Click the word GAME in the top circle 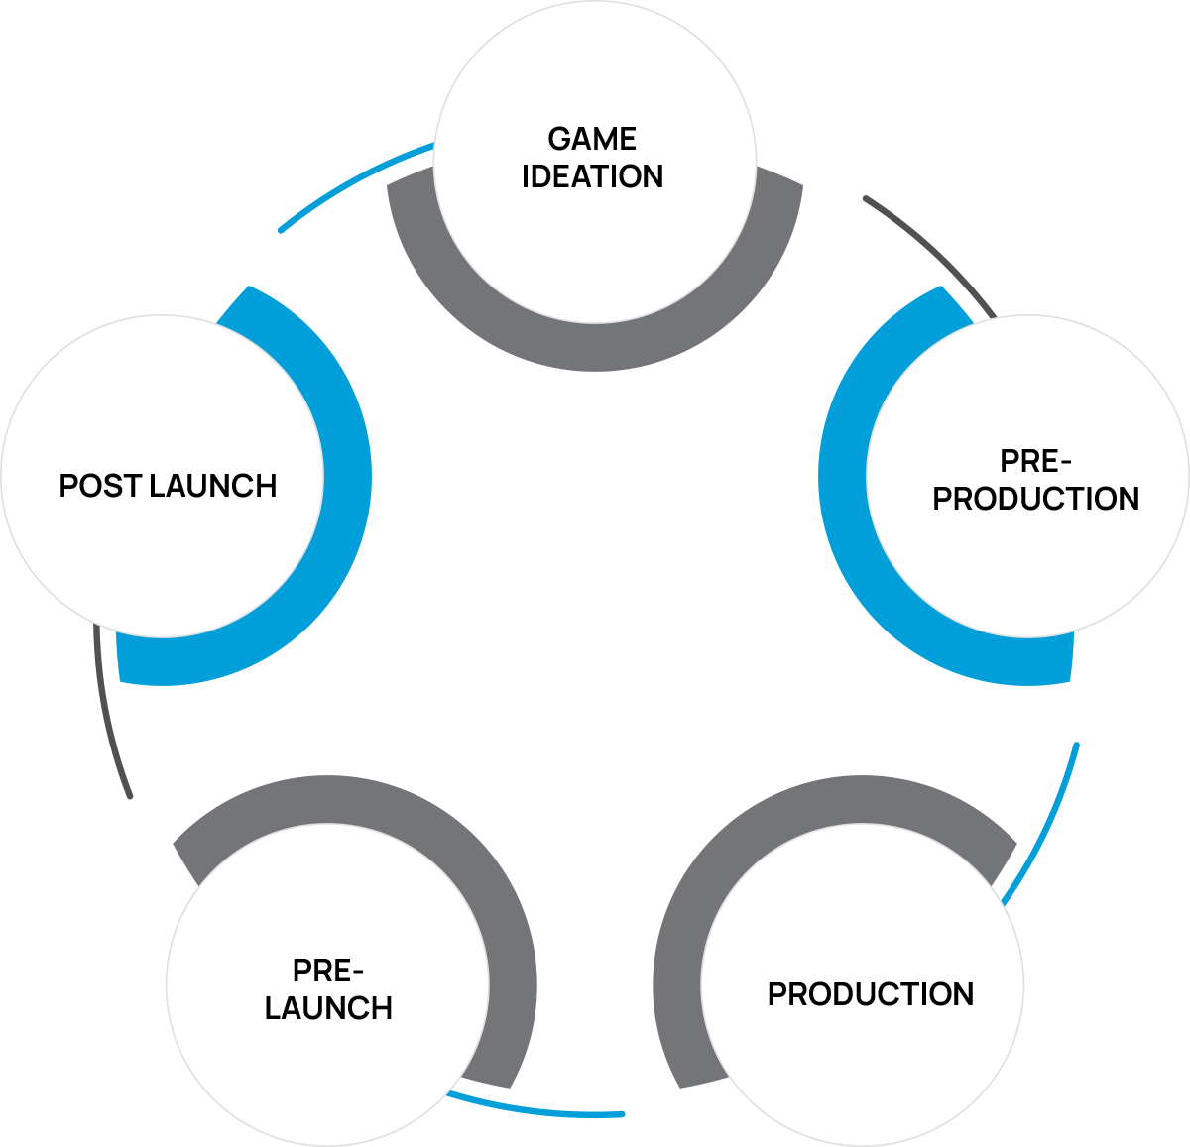tap(592, 139)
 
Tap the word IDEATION tap(592, 176)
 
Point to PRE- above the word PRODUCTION tap(1036, 461)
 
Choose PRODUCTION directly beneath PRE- tap(1036, 499)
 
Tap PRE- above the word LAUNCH tap(328, 971)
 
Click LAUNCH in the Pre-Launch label tap(328, 1008)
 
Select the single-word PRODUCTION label tap(871, 994)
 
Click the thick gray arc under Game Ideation tap(595, 347)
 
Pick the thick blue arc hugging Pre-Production tap(843, 476)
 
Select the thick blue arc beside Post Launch tap(347, 476)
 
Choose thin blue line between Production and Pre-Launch tap(535, 1111)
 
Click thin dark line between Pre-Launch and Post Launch tap(107, 714)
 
